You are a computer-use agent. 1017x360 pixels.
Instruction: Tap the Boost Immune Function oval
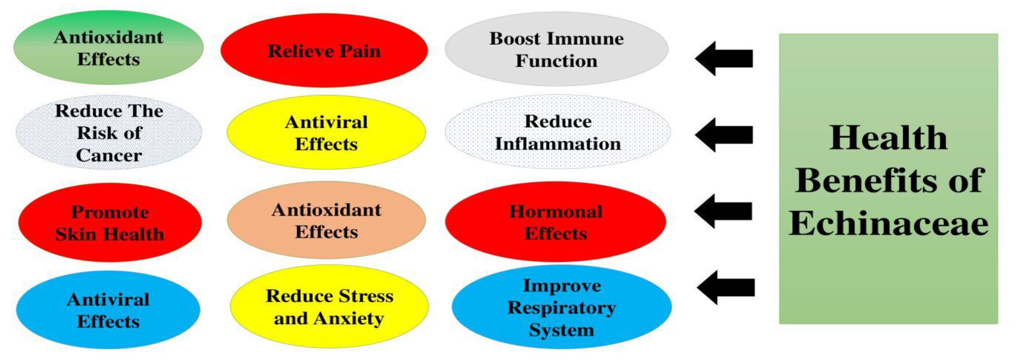[556, 49]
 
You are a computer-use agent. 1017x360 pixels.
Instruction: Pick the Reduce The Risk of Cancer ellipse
[109, 133]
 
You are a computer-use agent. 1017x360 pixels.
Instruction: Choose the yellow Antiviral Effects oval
[326, 133]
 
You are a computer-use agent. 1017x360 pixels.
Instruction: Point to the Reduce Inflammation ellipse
[558, 132]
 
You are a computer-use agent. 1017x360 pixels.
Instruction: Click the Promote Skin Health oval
[110, 223]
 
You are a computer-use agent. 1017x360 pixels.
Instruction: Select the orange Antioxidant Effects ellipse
[326, 221]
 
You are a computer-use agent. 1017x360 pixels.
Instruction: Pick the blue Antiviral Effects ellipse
[108, 310]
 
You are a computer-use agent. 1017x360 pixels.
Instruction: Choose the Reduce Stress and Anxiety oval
[329, 307]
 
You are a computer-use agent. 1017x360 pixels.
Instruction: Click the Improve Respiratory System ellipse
[561, 307]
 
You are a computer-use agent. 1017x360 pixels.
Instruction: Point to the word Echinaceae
[888, 223]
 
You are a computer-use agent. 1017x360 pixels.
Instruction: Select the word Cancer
[109, 155]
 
